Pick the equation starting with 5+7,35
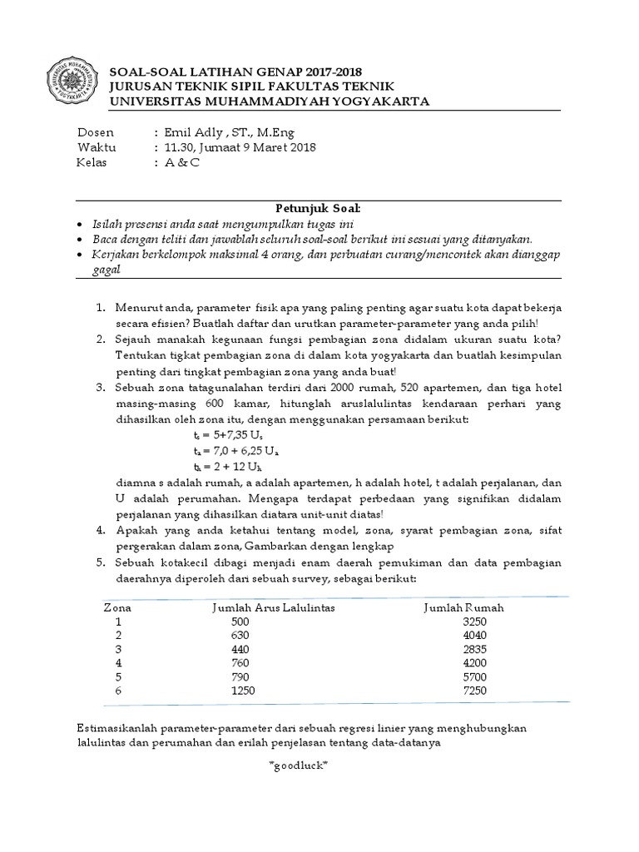coord(223,434)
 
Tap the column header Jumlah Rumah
coord(464,607)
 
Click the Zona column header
coord(117,607)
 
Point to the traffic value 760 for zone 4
coord(240,663)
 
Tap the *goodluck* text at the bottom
coord(299,765)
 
